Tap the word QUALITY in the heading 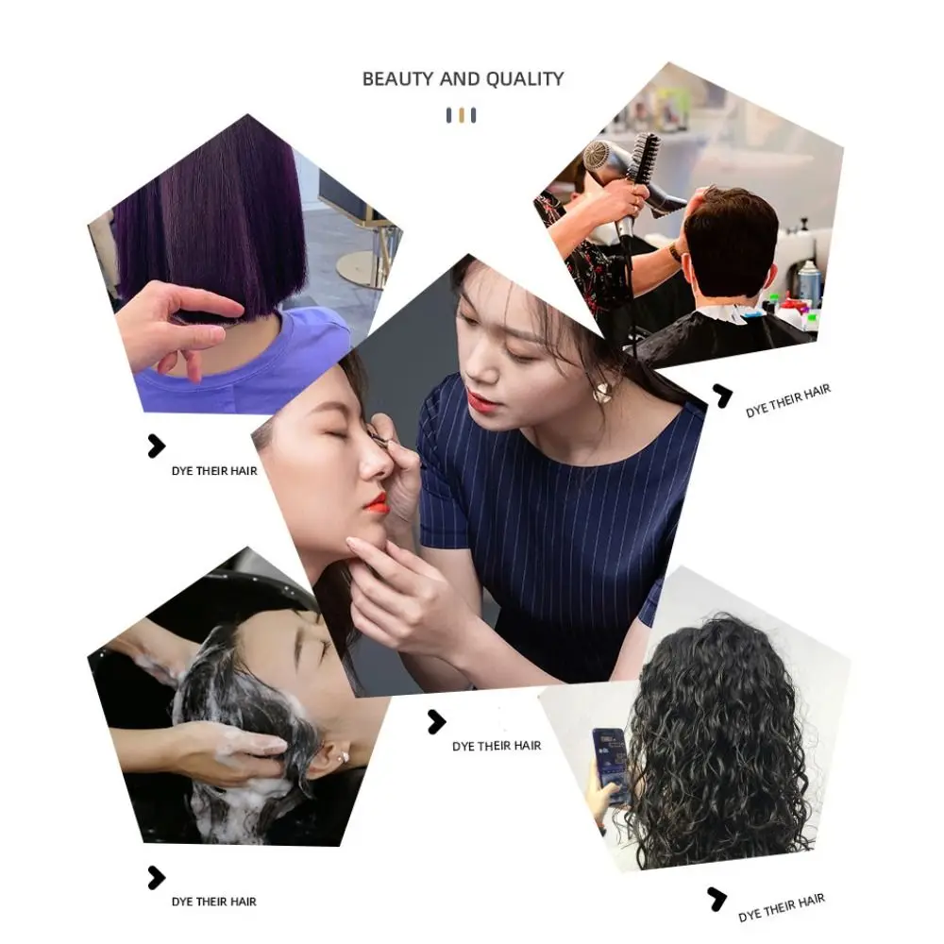coord(525,79)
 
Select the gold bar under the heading coord(461,115)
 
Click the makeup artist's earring coord(601,392)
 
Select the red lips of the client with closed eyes coord(378,503)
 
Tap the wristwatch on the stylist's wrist coord(676,252)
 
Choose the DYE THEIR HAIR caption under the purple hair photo coord(213,470)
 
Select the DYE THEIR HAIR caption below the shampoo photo coord(213,902)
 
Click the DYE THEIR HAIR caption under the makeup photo coord(497,746)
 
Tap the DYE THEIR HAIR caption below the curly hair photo coord(781,907)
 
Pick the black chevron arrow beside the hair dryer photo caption coord(722,396)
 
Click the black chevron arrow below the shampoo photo coord(157,878)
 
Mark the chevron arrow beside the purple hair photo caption coord(157,447)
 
